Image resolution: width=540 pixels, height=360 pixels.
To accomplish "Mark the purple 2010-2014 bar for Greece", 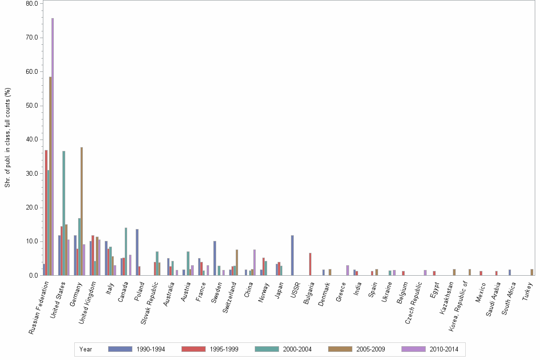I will pos(348,270).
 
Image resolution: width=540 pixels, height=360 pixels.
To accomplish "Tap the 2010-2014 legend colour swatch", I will pos(413,349).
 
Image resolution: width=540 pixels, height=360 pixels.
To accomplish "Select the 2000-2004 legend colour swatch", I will pos(267,349).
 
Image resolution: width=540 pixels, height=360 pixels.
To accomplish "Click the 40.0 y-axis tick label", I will pos(32,140).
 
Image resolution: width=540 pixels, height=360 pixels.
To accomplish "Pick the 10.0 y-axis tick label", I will pos(32,241).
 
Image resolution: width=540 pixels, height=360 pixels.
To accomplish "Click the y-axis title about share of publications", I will pos(7,138).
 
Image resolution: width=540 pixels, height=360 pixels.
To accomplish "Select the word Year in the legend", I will pos(86,350).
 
